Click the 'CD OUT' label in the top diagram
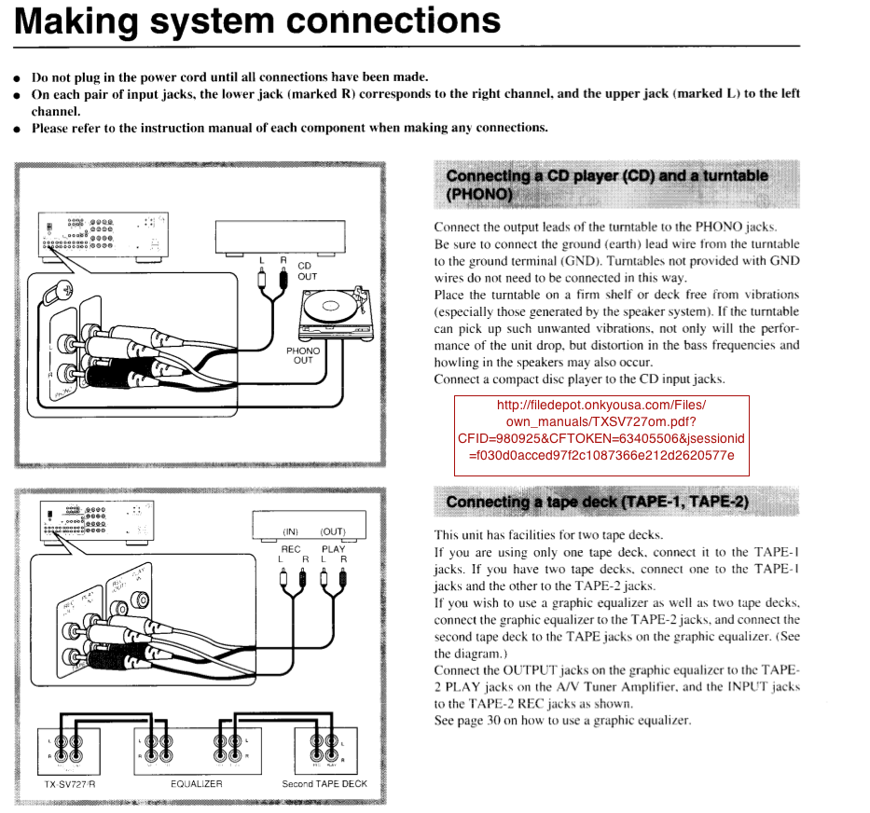point(307,270)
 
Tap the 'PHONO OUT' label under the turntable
point(303,355)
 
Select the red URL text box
point(601,430)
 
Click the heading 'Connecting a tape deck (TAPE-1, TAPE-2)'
point(597,502)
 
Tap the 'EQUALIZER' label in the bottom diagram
point(196,784)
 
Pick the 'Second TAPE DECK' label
point(325,784)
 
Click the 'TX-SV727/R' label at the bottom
point(70,784)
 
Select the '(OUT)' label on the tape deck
point(333,531)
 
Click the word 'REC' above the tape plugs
point(291,548)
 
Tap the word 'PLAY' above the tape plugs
point(333,548)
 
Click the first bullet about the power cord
point(229,77)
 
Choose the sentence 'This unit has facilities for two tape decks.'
point(548,535)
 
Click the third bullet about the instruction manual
point(289,128)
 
